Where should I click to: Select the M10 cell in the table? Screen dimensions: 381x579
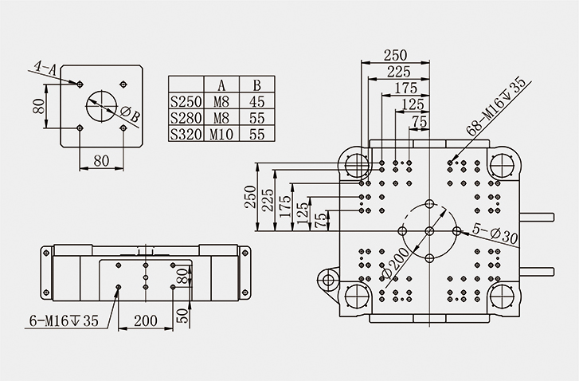(x=221, y=135)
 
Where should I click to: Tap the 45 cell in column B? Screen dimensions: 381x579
(x=256, y=101)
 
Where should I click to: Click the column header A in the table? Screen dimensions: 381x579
(x=221, y=84)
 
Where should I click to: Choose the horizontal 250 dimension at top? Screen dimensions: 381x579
(x=394, y=55)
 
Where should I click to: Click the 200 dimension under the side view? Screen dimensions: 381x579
(x=144, y=320)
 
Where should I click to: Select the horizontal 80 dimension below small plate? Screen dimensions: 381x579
(x=101, y=160)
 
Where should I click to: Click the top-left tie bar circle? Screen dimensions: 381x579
(x=357, y=164)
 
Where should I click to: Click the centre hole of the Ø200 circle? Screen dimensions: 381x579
(x=428, y=230)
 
